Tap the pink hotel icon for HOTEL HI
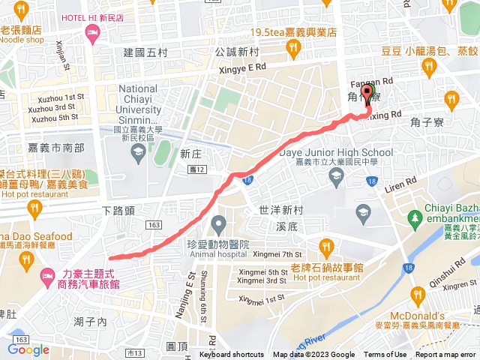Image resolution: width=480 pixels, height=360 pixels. point(93,32)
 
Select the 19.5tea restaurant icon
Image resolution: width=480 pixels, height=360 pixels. point(293,49)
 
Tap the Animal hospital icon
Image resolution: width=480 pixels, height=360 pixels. point(218,223)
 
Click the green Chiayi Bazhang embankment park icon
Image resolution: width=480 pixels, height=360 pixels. point(414,218)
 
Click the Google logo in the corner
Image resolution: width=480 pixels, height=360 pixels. point(28,349)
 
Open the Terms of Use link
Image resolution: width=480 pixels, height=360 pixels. point(385,355)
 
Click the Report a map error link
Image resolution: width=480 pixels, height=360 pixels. point(447,355)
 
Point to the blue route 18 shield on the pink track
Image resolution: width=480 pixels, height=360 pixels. point(248,179)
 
